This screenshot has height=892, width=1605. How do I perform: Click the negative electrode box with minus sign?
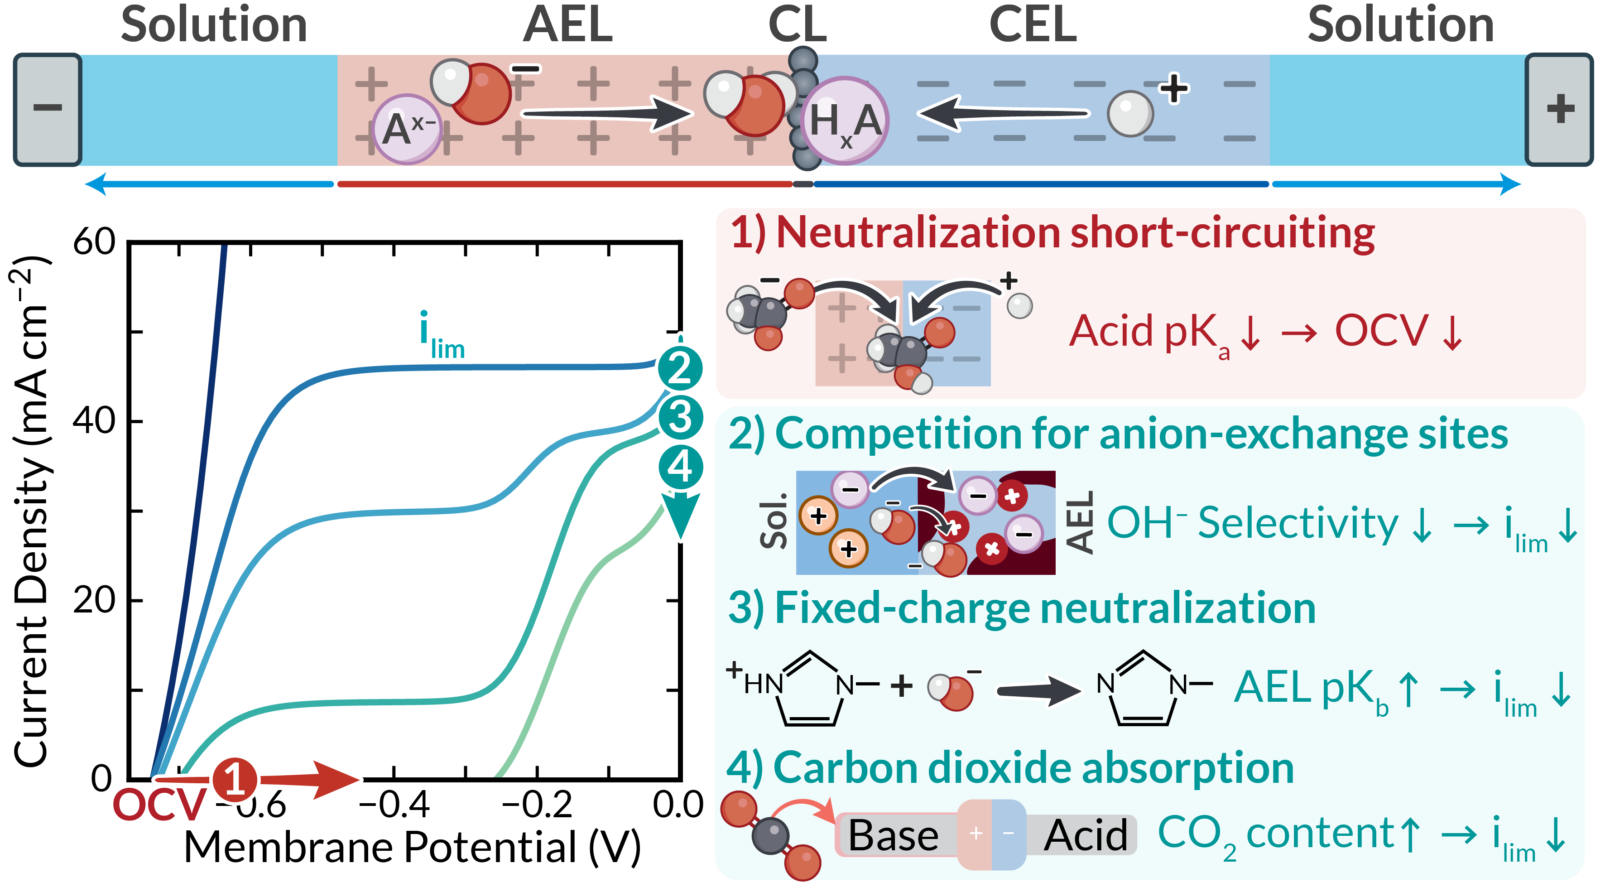tap(48, 109)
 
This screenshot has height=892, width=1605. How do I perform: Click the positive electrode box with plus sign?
tap(1559, 109)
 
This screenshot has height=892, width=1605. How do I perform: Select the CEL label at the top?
tap(1033, 25)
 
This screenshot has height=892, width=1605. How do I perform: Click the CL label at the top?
tap(797, 25)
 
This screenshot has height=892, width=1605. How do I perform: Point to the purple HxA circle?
tap(845, 121)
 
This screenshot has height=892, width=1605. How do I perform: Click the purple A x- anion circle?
tap(407, 130)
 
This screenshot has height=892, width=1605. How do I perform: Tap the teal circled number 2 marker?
tap(680, 368)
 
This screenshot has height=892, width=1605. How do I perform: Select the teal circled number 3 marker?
tap(680, 417)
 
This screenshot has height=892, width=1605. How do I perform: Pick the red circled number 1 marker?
tap(235, 779)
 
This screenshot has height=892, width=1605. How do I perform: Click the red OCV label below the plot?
tap(159, 805)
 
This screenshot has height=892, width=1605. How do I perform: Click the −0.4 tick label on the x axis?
tap(394, 805)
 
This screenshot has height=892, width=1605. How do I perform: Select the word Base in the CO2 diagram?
tap(893, 835)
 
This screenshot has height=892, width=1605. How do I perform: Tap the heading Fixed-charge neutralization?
tap(1022, 608)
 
